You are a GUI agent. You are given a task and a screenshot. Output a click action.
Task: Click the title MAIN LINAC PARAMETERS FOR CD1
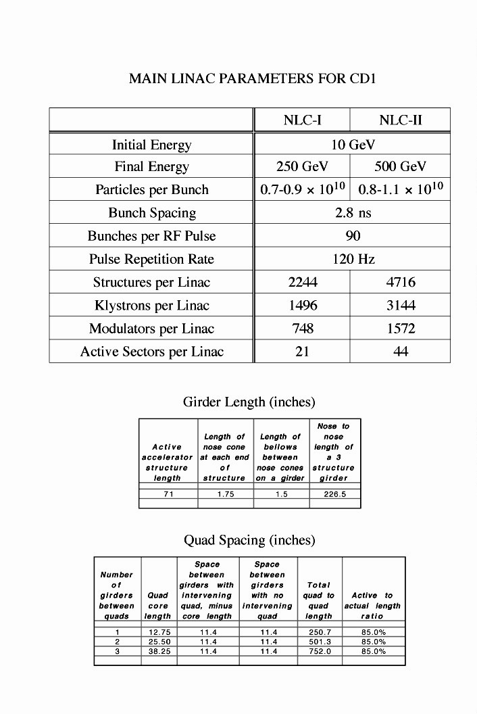point(251,79)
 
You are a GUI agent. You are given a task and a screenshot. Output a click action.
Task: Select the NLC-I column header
point(302,120)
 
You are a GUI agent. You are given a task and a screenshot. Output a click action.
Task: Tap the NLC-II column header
point(401,120)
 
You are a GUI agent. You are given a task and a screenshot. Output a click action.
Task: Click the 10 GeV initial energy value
point(353,144)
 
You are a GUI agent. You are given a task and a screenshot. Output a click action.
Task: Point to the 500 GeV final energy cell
point(401,167)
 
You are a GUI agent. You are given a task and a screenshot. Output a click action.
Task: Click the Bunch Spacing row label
point(152,213)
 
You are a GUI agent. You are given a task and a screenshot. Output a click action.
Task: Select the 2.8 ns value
point(353,213)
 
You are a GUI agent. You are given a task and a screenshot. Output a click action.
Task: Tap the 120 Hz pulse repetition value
point(353,259)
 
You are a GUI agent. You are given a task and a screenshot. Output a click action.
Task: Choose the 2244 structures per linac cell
point(302,283)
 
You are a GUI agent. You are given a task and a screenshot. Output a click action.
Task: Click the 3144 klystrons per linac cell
point(401,306)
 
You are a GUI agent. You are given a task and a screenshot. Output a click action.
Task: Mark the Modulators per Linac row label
point(151,329)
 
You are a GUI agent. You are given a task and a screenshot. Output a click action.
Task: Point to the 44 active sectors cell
point(401,352)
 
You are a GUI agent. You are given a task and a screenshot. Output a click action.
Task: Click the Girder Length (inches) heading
point(249,402)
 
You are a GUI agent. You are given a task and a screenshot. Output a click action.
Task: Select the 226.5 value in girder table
point(334,494)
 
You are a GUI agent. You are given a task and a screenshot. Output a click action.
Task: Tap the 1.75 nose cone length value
point(225,494)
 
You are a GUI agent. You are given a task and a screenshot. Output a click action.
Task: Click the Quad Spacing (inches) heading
point(250,540)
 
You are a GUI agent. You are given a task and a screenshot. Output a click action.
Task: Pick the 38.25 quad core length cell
point(158,651)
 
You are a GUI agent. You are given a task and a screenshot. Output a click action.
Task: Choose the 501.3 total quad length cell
point(319,642)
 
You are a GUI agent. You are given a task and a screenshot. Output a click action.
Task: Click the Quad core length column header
point(158,606)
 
